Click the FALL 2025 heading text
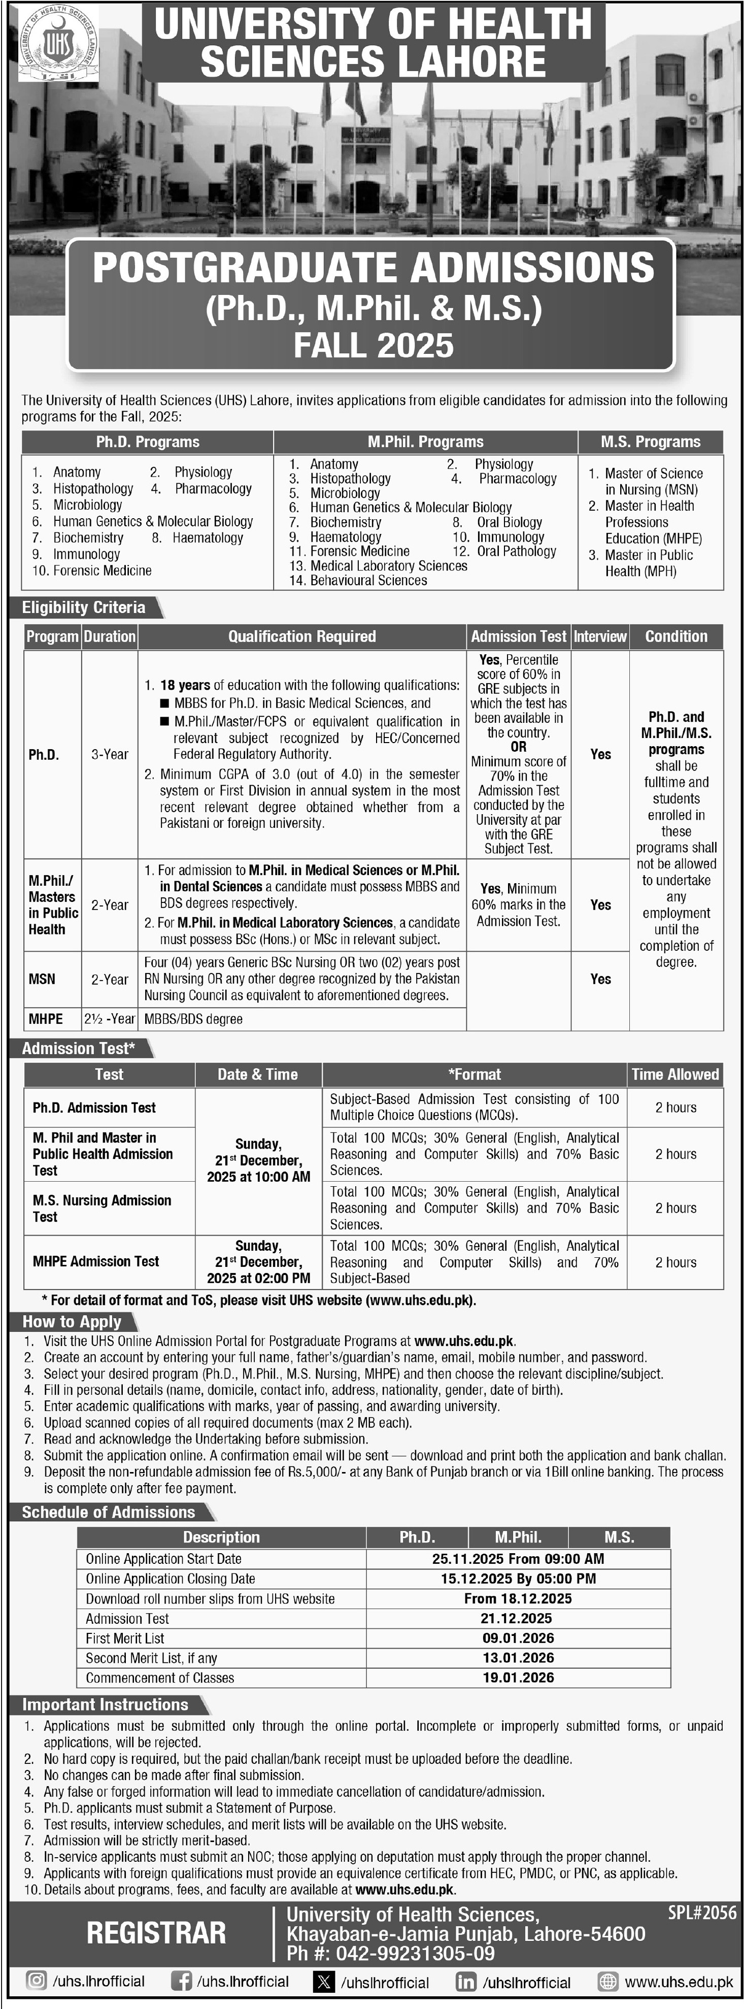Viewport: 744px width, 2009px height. tap(373, 345)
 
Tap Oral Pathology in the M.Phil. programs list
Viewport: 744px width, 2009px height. tap(516, 551)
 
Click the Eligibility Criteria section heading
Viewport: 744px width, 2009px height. tap(83, 608)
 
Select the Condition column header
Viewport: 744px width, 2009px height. tap(676, 637)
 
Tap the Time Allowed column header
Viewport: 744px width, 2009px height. tap(675, 1074)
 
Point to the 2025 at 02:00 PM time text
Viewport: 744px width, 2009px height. tap(258, 1278)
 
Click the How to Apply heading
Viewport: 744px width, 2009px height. tap(72, 1321)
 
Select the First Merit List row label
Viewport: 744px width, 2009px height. tap(125, 1638)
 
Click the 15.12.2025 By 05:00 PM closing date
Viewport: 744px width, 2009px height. tap(518, 1579)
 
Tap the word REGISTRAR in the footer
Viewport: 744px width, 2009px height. tap(156, 1932)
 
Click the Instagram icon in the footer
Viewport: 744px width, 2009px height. tap(36, 1981)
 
